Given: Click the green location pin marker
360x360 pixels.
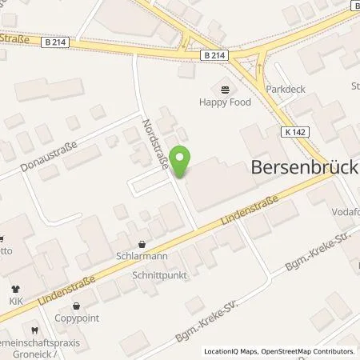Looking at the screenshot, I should coord(182,162).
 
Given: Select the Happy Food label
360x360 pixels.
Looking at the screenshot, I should coord(225,102).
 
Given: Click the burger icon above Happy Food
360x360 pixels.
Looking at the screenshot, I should coord(224,88).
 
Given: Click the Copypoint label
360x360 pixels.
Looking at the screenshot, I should coord(76,318).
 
